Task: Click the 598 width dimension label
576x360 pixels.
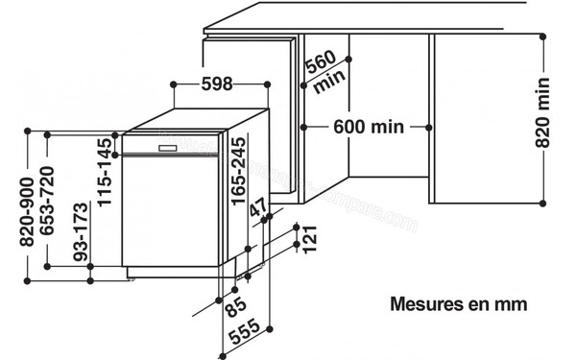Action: (x=218, y=84)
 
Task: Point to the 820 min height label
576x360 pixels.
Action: (x=542, y=114)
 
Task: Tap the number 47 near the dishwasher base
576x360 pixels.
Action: (x=258, y=212)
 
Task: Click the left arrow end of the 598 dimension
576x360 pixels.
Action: (x=173, y=84)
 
